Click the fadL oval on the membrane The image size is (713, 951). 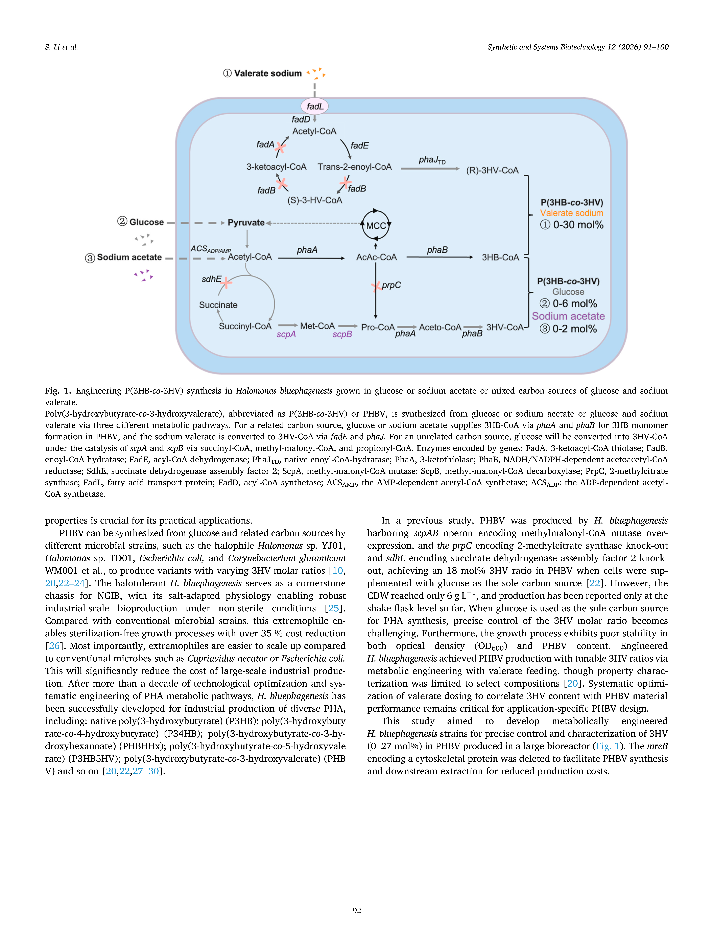[315, 106]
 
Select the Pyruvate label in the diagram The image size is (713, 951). [246, 223]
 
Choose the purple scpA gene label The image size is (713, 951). [286, 334]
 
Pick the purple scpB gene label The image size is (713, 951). [342, 334]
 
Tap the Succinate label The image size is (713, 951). [218, 305]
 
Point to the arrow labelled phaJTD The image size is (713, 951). [430, 169]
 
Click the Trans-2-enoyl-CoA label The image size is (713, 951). [355, 167]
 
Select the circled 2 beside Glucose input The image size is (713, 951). [122, 221]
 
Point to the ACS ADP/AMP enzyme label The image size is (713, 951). [211, 249]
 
